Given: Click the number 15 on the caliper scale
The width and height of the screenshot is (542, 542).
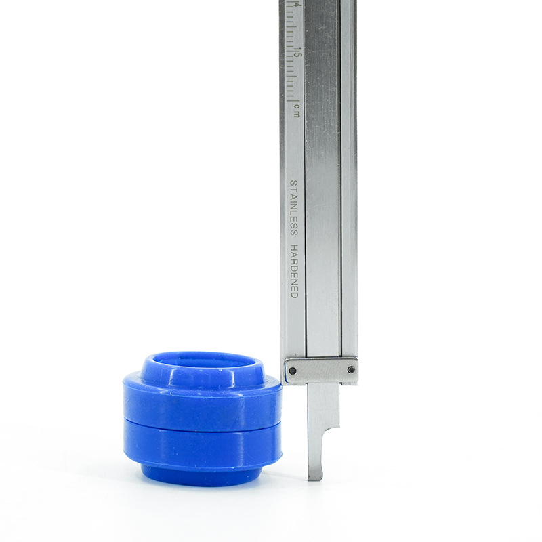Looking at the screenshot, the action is click(298, 53).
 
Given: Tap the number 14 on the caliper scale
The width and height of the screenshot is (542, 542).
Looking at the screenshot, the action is click(297, 5).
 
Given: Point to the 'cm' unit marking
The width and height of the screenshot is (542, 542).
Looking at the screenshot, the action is click(297, 110).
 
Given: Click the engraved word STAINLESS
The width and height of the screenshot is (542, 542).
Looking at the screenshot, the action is click(293, 208).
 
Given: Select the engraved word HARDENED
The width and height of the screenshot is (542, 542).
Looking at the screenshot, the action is click(294, 272).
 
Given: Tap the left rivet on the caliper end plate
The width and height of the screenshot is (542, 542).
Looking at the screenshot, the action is click(293, 371).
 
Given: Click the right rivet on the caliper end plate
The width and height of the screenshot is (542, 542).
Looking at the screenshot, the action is click(351, 370).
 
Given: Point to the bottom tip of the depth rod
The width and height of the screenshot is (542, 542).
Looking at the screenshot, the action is click(315, 480).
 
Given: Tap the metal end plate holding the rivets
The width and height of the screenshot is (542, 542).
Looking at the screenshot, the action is click(321, 371).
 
